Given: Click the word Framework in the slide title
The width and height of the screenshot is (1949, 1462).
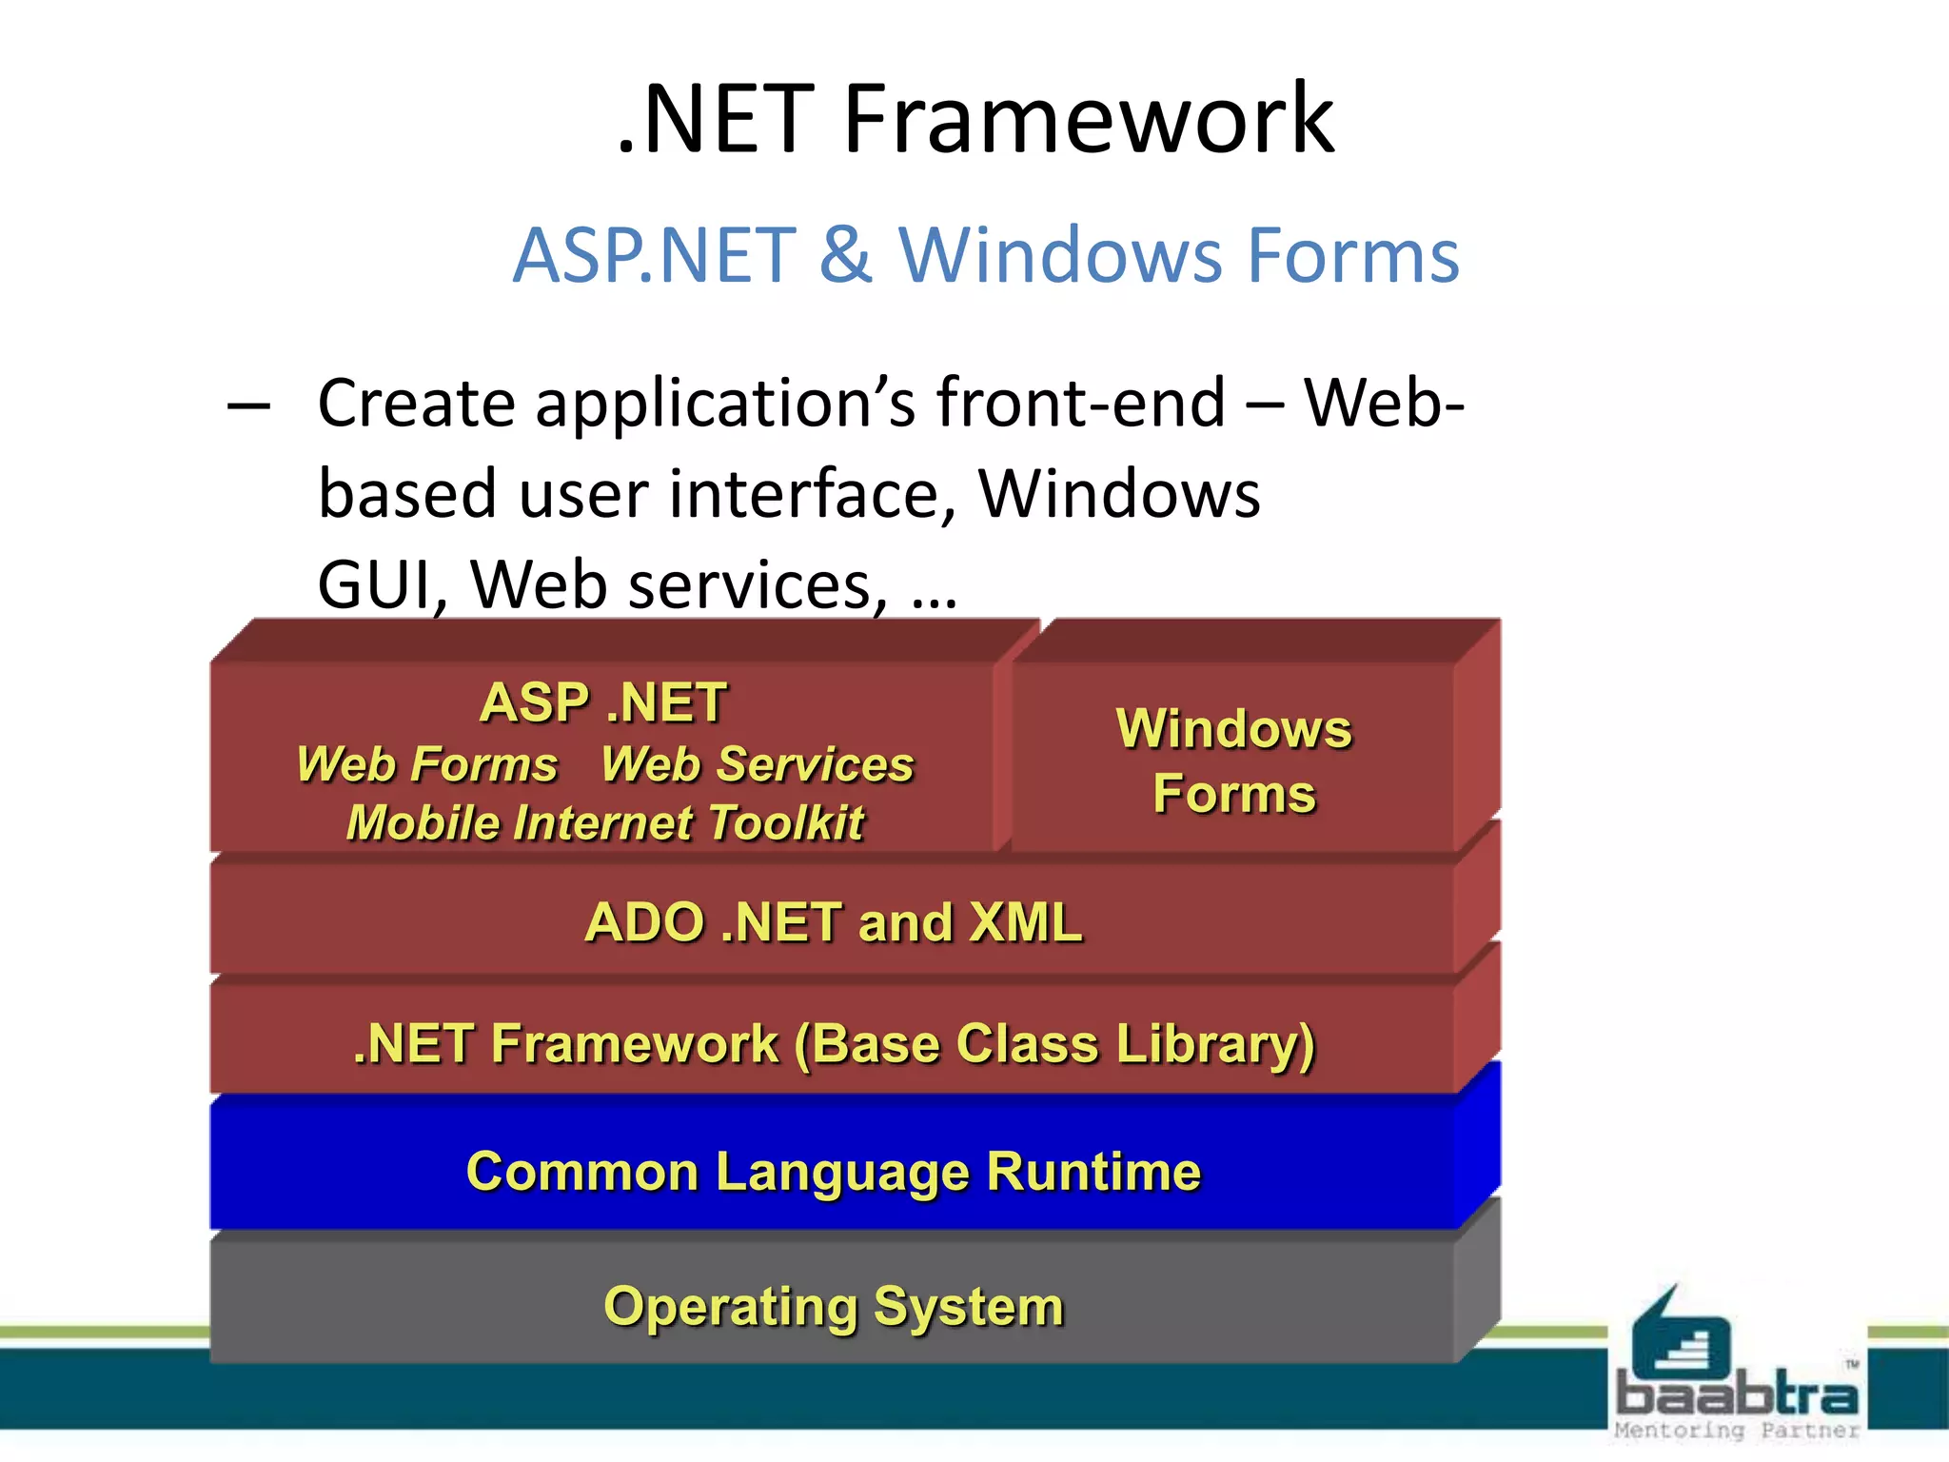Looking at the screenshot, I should tap(1089, 119).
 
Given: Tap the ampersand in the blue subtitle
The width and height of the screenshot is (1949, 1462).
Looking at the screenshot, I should tap(845, 255).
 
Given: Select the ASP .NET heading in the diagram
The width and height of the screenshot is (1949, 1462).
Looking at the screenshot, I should tap(603, 703).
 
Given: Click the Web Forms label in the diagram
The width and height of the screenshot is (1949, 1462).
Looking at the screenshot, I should tap(427, 764).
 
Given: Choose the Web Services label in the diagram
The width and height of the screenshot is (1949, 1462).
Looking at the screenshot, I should tap(758, 764).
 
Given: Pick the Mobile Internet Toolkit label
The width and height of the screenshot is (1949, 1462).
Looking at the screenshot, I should tap(605, 823).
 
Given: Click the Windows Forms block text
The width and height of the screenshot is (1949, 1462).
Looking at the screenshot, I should tap(1233, 761).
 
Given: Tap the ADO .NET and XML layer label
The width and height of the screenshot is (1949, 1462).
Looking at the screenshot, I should tap(834, 922).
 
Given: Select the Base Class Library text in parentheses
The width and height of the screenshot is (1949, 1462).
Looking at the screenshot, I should tap(1054, 1044).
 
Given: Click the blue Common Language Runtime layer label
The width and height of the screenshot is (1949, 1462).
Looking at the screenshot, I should tap(834, 1172).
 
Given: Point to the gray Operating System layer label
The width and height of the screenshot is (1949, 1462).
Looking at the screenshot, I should tap(834, 1307).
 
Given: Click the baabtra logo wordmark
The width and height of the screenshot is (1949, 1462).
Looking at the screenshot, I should tap(1737, 1395).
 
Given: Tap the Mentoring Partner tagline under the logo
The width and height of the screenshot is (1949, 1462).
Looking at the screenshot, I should tap(1737, 1431).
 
